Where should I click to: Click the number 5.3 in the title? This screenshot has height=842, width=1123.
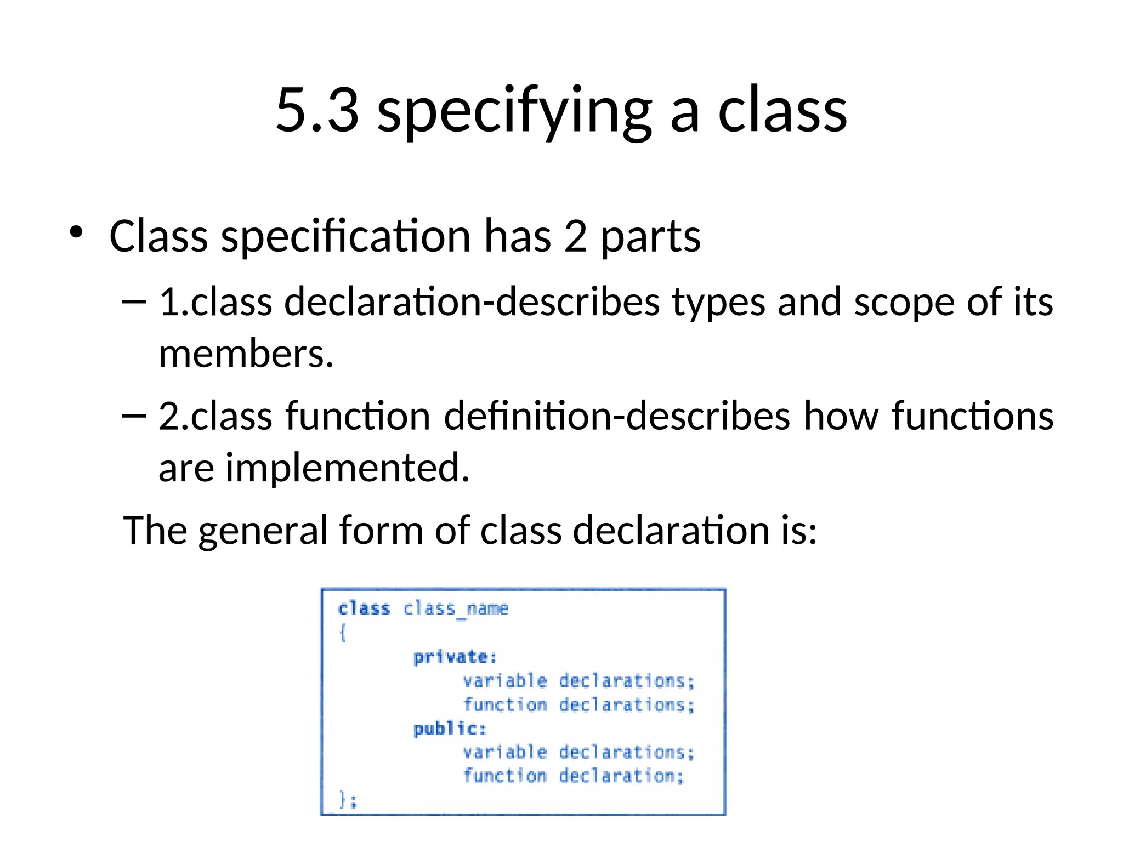(x=317, y=110)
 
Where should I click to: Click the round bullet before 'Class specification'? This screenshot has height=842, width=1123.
(x=76, y=232)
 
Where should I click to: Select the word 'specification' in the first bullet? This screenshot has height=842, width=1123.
(x=345, y=237)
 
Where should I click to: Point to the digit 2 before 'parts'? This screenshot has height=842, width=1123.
(x=575, y=237)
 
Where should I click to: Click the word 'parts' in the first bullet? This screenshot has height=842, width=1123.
(x=650, y=238)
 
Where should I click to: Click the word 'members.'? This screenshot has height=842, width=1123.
(x=246, y=354)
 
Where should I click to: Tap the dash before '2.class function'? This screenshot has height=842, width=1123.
(x=133, y=416)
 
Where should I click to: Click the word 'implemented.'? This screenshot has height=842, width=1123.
(x=348, y=468)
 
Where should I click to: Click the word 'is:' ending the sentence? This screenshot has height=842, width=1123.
(x=799, y=531)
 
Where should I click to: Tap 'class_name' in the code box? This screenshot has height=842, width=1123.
(x=456, y=609)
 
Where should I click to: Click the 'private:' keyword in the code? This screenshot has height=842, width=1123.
(x=455, y=657)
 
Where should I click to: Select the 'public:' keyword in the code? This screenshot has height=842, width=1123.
(x=450, y=729)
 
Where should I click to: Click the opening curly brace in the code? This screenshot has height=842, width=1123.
(x=343, y=633)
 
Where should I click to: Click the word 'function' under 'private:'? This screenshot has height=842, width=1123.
(x=504, y=704)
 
